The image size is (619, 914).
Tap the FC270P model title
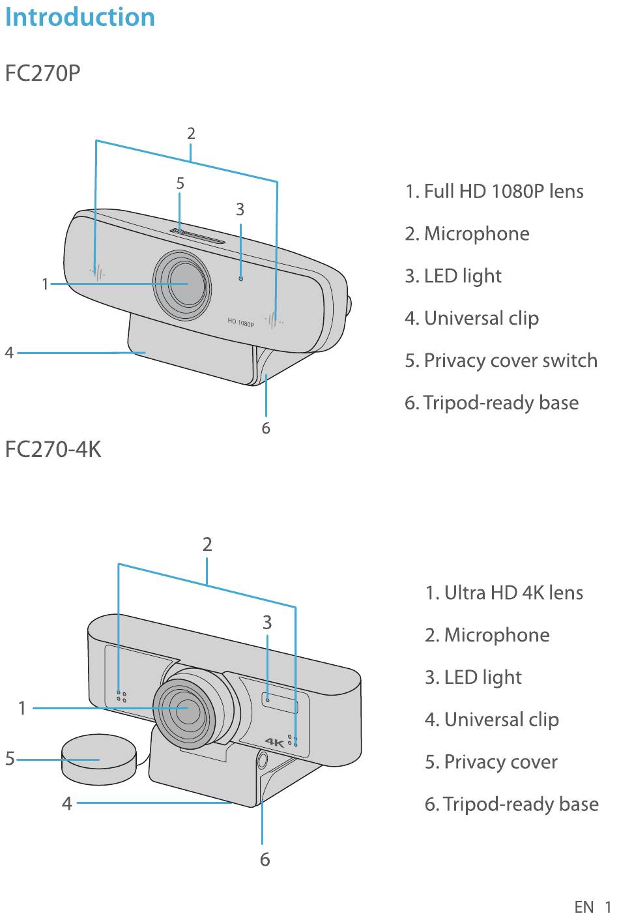click(42, 73)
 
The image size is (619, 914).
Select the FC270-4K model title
click(53, 449)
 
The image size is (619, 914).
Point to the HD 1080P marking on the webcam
click(240, 322)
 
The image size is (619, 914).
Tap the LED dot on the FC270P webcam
click(240, 278)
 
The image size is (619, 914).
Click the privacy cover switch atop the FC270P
click(197, 236)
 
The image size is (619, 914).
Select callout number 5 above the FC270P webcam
click(180, 183)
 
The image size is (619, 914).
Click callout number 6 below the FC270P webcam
click(266, 428)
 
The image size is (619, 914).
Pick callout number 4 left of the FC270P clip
click(9, 353)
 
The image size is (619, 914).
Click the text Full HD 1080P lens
click(504, 191)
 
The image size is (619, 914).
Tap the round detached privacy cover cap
click(98, 759)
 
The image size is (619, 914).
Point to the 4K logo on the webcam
click(274, 742)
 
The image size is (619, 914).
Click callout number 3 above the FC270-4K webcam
click(267, 622)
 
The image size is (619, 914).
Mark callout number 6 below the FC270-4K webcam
click(265, 859)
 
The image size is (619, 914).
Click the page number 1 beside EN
click(608, 907)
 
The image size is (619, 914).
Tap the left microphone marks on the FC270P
click(97, 272)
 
